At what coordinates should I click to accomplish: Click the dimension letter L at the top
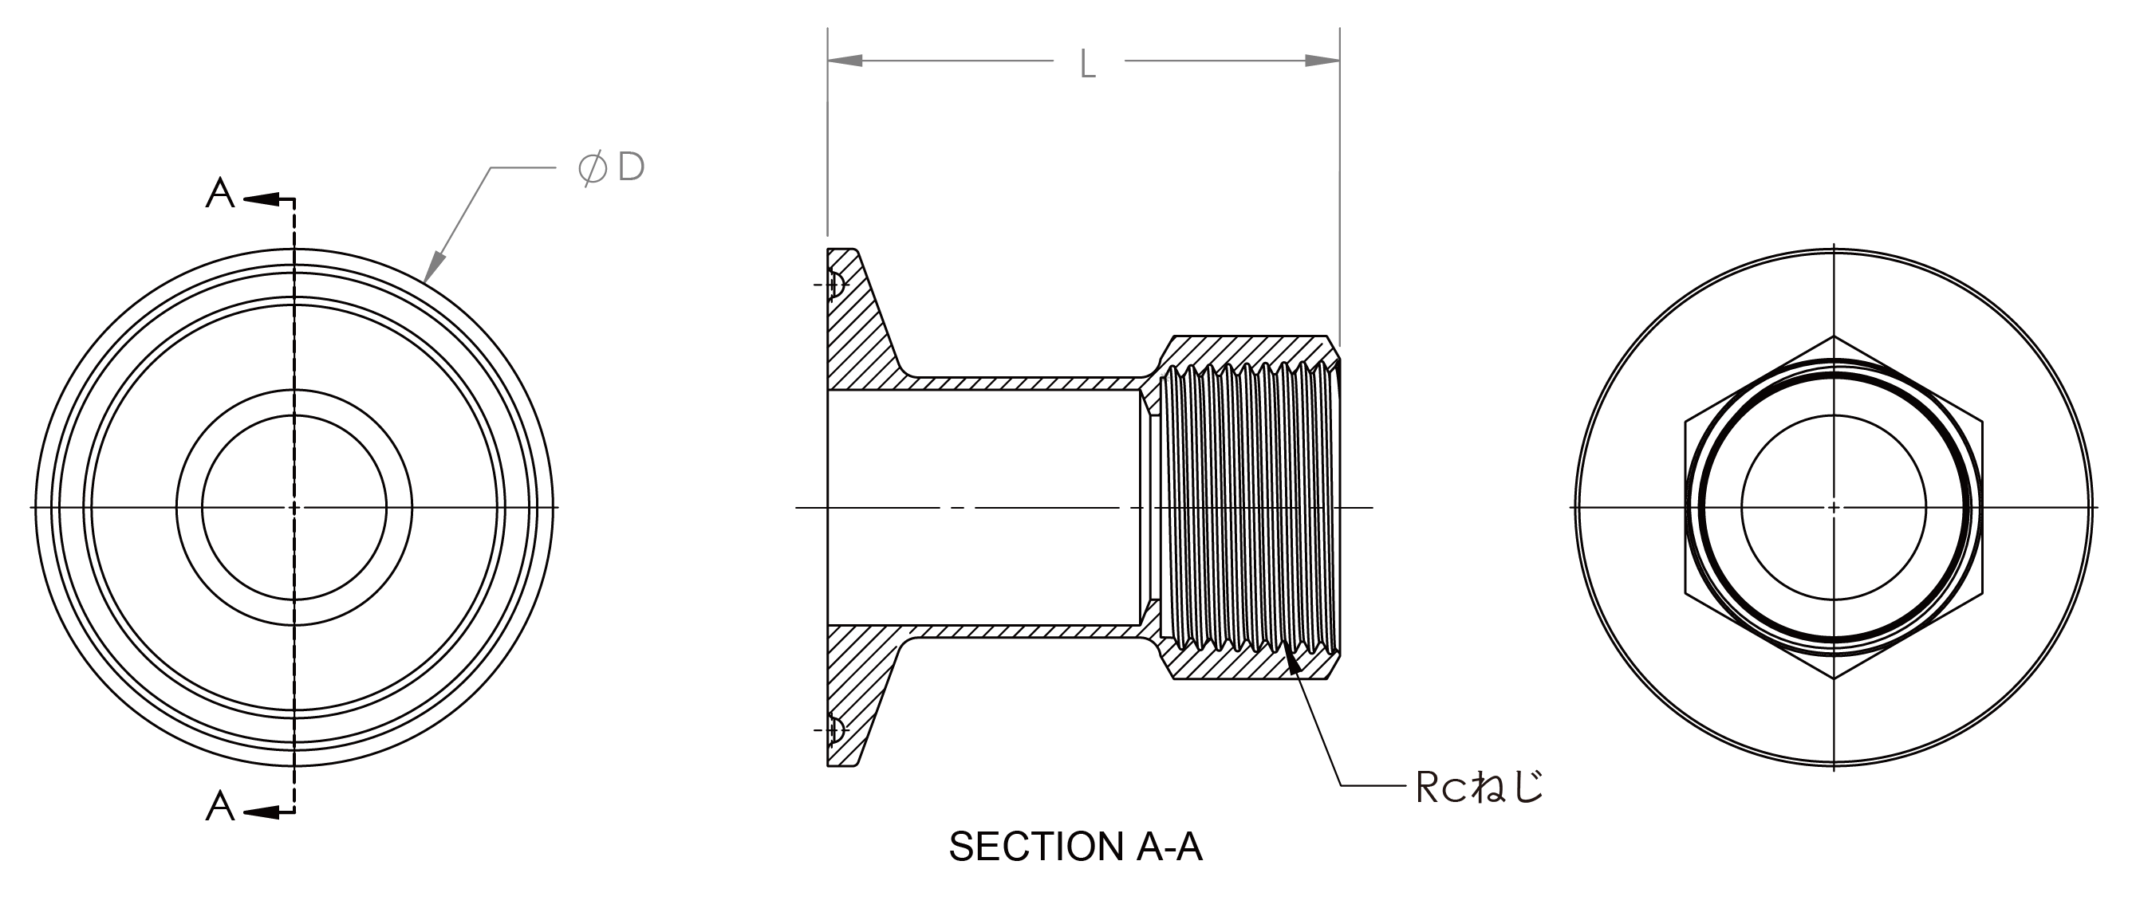[1087, 65]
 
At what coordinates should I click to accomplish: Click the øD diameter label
[612, 168]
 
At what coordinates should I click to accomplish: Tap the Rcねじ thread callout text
[1480, 787]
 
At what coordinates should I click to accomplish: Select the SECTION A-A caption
[1075, 847]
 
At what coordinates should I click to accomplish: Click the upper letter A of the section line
[220, 195]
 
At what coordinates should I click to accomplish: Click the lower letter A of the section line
[220, 807]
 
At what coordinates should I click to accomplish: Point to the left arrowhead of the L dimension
[845, 61]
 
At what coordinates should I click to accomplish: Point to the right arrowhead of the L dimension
[1322, 61]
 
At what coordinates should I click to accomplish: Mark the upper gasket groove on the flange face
[836, 285]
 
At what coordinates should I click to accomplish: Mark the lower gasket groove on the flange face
[836, 729]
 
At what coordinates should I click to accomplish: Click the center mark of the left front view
[294, 506]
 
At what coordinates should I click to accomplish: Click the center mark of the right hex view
[1833, 506]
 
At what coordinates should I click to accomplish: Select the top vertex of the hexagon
[1833, 336]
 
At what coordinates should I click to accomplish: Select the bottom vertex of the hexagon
[1833, 678]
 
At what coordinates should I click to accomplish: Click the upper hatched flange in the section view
[857, 331]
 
